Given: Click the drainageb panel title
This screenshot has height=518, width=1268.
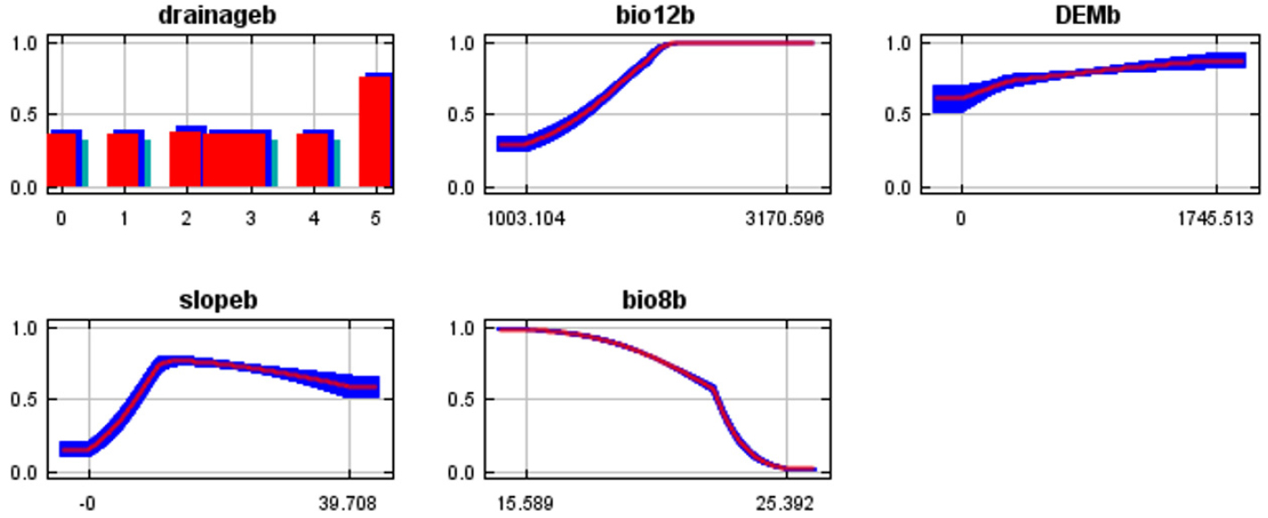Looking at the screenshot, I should pyautogui.click(x=217, y=15).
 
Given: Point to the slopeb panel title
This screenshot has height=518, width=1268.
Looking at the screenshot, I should pyautogui.click(x=218, y=301).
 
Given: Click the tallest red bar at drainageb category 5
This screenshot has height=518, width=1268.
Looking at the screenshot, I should pyautogui.click(x=375, y=132).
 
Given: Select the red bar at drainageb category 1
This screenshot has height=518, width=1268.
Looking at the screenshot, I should pyautogui.click(x=123, y=160).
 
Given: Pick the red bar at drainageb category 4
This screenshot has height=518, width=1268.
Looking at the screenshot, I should pyautogui.click(x=313, y=160).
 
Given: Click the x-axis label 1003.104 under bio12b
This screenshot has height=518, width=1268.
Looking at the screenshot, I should pyautogui.click(x=526, y=219).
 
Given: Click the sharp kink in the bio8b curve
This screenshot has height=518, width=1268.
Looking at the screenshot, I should pyautogui.click(x=713, y=388).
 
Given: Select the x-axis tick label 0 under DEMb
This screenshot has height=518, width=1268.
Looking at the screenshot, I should pyautogui.click(x=961, y=219).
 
